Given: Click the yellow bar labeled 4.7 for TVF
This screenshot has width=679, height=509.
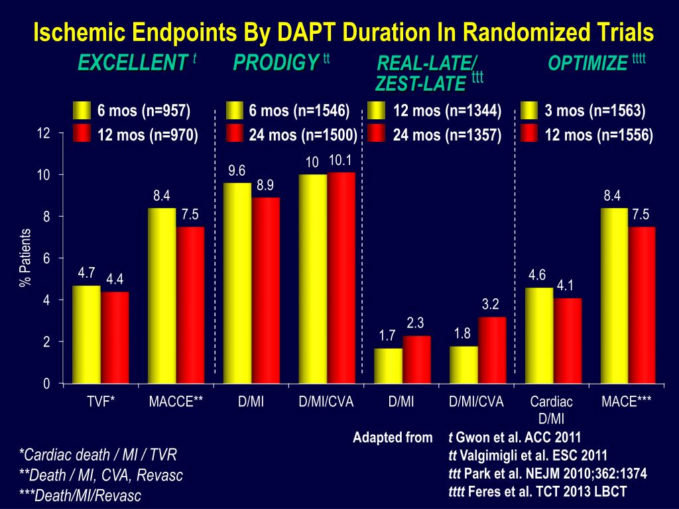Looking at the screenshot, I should pyautogui.click(x=86, y=335).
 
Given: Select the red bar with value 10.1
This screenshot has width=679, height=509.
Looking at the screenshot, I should pyautogui.click(x=341, y=278).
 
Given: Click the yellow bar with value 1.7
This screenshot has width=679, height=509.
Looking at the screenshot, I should pyautogui.click(x=388, y=366).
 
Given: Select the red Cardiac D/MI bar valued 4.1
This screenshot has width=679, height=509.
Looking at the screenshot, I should pyautogui.click(x=567, y=341).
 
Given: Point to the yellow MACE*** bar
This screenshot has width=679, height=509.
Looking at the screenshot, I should pyautogui.click(x=613, y=296).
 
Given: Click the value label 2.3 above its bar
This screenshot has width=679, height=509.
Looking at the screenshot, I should pyautogui.click(x=415, y=323).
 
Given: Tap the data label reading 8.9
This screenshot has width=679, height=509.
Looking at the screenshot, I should pyautogui.click(x=266, y=186).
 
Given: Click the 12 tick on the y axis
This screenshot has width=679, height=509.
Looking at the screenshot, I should pyautogui.click(x=44, y=133).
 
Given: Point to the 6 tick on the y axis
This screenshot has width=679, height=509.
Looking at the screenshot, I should pyautogui.click(x=46, y=258).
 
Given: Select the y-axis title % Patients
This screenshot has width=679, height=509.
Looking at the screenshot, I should pyautogui.click(x=26, y=258).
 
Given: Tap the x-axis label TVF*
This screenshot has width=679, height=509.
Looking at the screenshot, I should pyautogui.click(x=101, y=402).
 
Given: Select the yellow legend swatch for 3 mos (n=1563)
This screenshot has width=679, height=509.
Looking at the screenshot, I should pyautogui.click(x=530, y=111).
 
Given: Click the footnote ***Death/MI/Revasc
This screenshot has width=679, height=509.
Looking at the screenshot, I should pyautogui.click(x=80, y=495).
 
